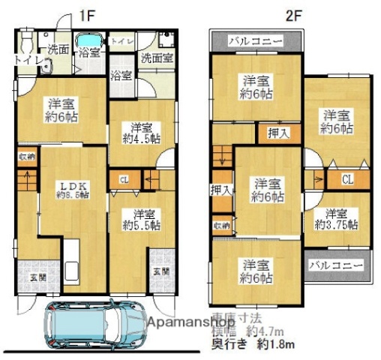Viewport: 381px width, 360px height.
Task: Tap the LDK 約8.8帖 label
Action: coord(72,189)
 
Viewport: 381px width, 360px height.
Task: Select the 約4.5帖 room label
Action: coord(140,132)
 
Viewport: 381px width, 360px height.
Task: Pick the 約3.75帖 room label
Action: coord(336,218)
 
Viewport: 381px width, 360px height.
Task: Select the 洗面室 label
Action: coord(157,57)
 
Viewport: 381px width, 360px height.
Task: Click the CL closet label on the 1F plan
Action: coord(124,179)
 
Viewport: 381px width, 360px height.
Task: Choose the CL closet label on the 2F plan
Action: coord(347,179)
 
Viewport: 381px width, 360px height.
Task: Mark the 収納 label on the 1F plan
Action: coord(26,157)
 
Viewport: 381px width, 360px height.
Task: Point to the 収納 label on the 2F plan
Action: coord(221,224)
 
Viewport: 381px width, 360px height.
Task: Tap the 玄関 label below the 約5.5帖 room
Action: coord(160,271)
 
